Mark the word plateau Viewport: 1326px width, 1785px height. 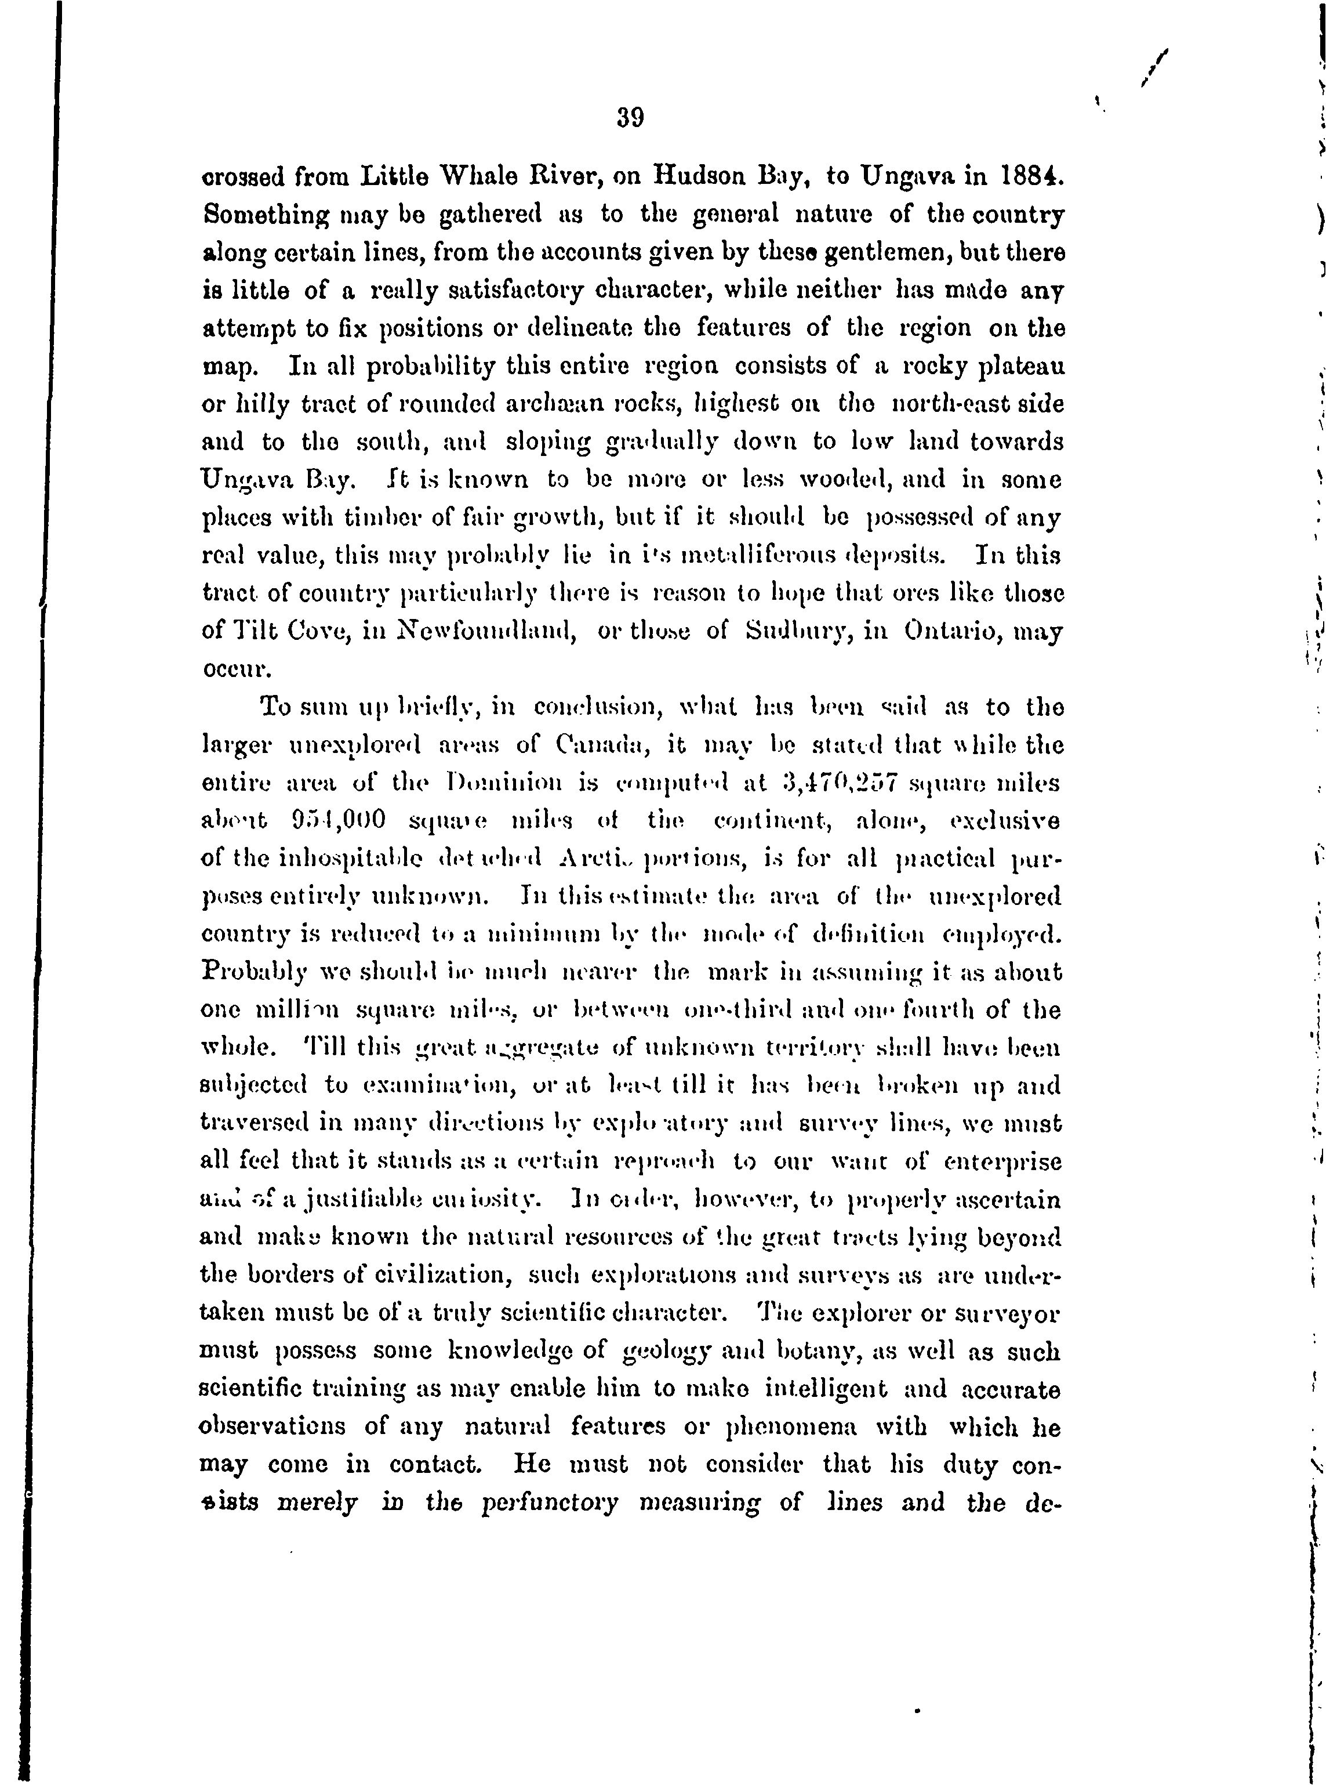1023,366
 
